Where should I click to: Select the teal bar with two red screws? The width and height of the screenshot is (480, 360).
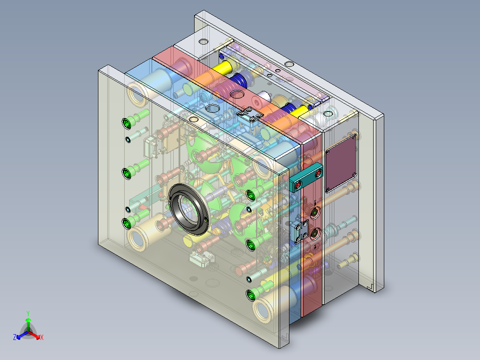[x=306, y=177]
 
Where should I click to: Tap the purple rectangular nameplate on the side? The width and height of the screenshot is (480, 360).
[x=341, y=164]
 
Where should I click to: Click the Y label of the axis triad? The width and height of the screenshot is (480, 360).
[x=28, y=313]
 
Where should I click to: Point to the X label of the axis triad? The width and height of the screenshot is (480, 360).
[x=42, y=337]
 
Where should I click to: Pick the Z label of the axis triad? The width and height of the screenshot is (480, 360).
[x=15, y=337]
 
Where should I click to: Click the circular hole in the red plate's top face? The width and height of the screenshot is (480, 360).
[x=236, y=94]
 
